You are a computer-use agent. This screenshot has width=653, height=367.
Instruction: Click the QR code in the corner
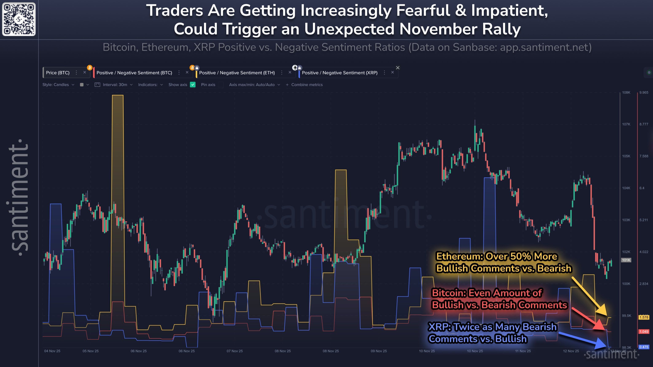point(19,19)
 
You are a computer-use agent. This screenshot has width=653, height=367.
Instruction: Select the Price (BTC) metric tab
point(58,73)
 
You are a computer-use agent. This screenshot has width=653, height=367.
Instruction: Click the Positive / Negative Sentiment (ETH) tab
point(237,73)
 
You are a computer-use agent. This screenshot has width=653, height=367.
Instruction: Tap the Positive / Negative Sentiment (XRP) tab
point(339,73)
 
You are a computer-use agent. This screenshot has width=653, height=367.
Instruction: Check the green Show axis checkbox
point(193,85)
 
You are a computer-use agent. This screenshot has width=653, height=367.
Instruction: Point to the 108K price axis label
point(626,92)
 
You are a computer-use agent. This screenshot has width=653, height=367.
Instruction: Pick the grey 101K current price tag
point(626,260)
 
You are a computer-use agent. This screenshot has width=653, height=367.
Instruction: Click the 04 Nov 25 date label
point(52,351)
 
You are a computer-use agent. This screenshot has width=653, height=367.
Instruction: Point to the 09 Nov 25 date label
point(379,351)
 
